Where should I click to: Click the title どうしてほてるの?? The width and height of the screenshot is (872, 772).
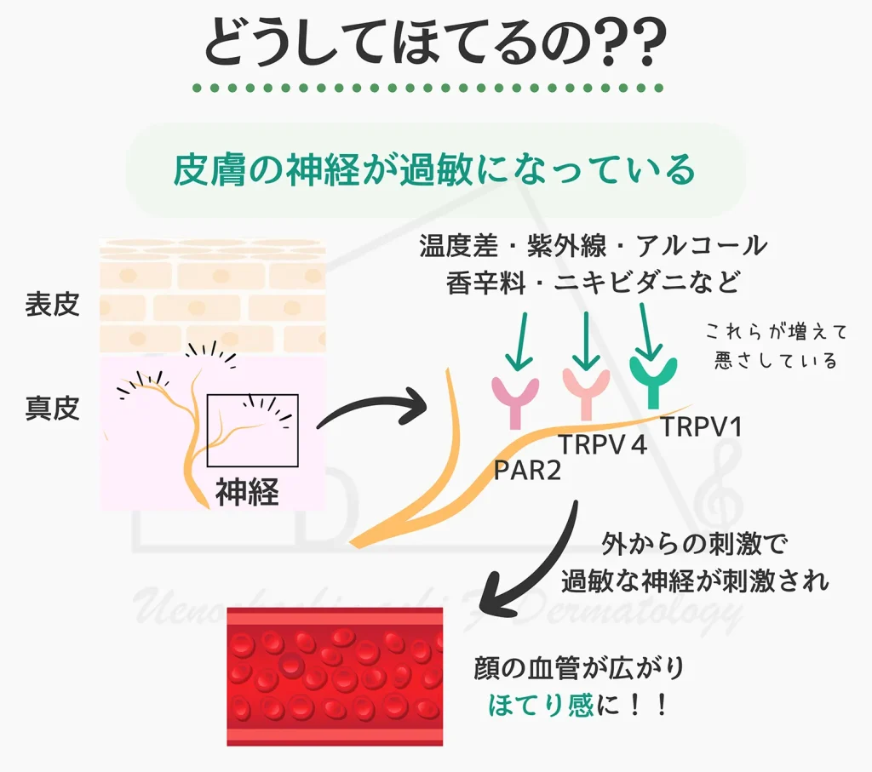435,44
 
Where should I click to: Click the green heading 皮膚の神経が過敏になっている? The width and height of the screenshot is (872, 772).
435,170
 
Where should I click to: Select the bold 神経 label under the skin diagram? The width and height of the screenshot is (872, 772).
247,491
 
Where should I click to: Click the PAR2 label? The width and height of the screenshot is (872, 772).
529,470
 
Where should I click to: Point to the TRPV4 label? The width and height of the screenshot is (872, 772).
602,443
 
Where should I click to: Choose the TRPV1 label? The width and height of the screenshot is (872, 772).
702,426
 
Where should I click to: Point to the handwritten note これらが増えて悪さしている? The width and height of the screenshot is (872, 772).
772,346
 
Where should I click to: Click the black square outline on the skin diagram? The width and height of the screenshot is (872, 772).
253,430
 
